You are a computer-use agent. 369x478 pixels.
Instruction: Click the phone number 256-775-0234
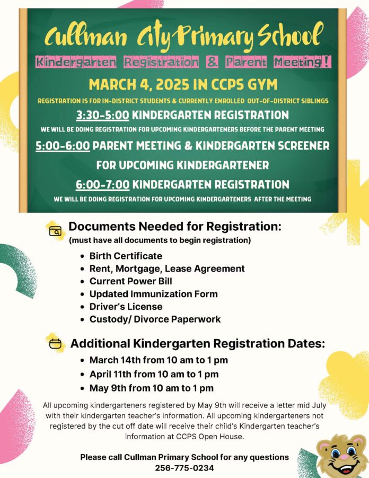pos(184,468)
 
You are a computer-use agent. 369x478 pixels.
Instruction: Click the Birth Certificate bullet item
pos(126,256)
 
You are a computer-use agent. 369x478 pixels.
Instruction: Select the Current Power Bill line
pos(130,281)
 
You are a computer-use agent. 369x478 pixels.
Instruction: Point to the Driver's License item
pos(126,307)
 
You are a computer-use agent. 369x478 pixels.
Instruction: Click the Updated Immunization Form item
pos(153,294)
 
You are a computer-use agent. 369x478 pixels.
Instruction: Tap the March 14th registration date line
pos(159,361)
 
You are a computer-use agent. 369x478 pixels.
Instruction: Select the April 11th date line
pos(154,374)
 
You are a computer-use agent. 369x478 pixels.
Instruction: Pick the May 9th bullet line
pos(151,388)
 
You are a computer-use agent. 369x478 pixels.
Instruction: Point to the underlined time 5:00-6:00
pos(63,145)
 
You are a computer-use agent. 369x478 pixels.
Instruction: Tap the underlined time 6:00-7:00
pos(102,185)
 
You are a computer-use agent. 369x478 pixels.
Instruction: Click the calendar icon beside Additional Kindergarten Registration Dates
pos(55,344)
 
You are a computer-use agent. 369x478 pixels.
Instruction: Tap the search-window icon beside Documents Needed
pos(55,231)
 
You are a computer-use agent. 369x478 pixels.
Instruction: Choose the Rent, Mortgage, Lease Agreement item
pos(167,268)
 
